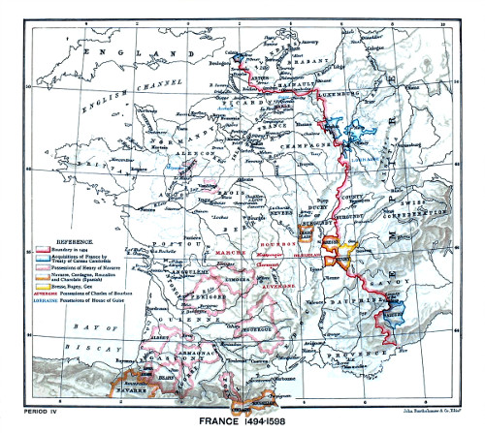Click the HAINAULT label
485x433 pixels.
(x=294, y=86)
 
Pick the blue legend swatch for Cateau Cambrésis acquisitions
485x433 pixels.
(x=40, y=251)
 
